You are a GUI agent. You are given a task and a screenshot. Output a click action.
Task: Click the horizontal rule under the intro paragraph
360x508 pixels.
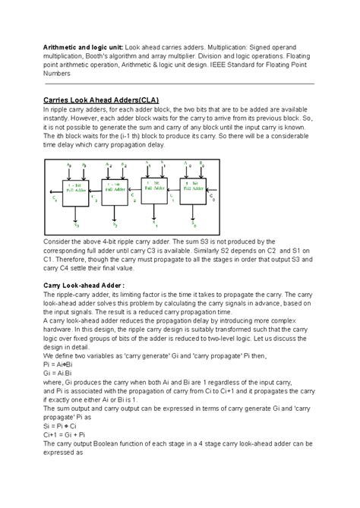click(x=179, y=84)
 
